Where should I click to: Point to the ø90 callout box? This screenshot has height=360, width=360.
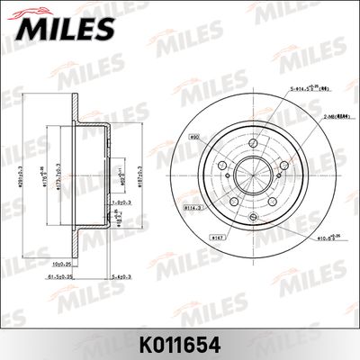click(x=193, y=139)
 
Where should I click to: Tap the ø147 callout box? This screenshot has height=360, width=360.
click(x=217, y=238)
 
